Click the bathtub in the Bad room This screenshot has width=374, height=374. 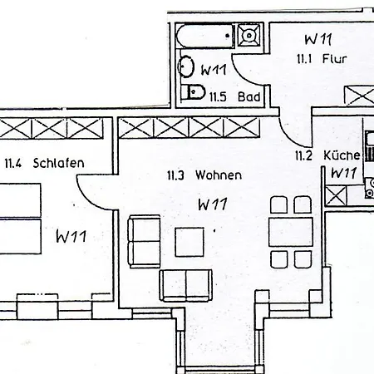(205, 36)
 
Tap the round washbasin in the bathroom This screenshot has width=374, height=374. (186, 66)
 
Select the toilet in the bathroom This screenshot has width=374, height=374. (194, 92)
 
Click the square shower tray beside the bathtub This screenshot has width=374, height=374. (249, 35)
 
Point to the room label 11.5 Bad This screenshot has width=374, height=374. (234, 97)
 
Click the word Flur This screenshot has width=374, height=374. (334, 59)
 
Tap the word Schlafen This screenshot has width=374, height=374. (58, 163)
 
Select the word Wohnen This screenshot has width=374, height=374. (219, 175)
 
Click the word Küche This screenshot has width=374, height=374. (342, 155)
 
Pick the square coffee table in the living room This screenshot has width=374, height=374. (189, 242)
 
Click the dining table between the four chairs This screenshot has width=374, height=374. (291, 232)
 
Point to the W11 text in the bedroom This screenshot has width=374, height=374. (71, 236)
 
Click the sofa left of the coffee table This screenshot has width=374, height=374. (144, 242)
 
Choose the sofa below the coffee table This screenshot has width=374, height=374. (186, 285)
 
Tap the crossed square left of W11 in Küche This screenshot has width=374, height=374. (336, 196)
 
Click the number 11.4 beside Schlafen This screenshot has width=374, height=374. (13, 164)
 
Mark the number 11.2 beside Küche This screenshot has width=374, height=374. (303, 155)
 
